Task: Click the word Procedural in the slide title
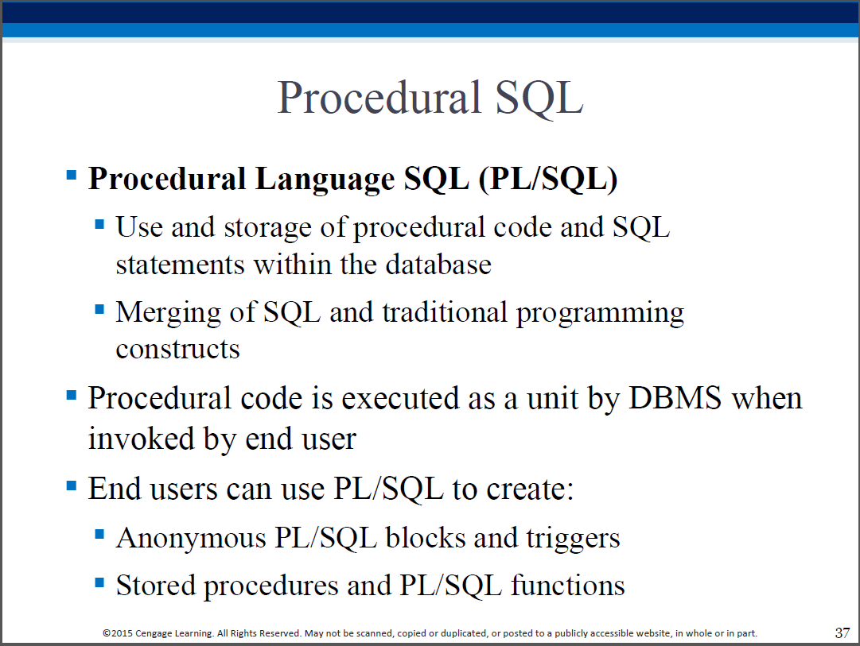click(379, 97)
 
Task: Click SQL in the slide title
click(539, 98)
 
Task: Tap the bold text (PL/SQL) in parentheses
click(548, 179)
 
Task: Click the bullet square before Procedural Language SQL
click(72, 175)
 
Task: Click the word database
click(438, 265)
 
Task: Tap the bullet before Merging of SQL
click(99, 309)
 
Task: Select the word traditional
click(445, 312)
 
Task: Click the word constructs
click(177, 349)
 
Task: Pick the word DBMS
click(675, 398)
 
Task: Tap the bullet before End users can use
click(72, 485)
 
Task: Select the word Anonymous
click(192, 538)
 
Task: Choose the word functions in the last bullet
click(568, 585)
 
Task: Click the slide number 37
click(842, 632)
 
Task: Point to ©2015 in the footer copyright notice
click(118, 633)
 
